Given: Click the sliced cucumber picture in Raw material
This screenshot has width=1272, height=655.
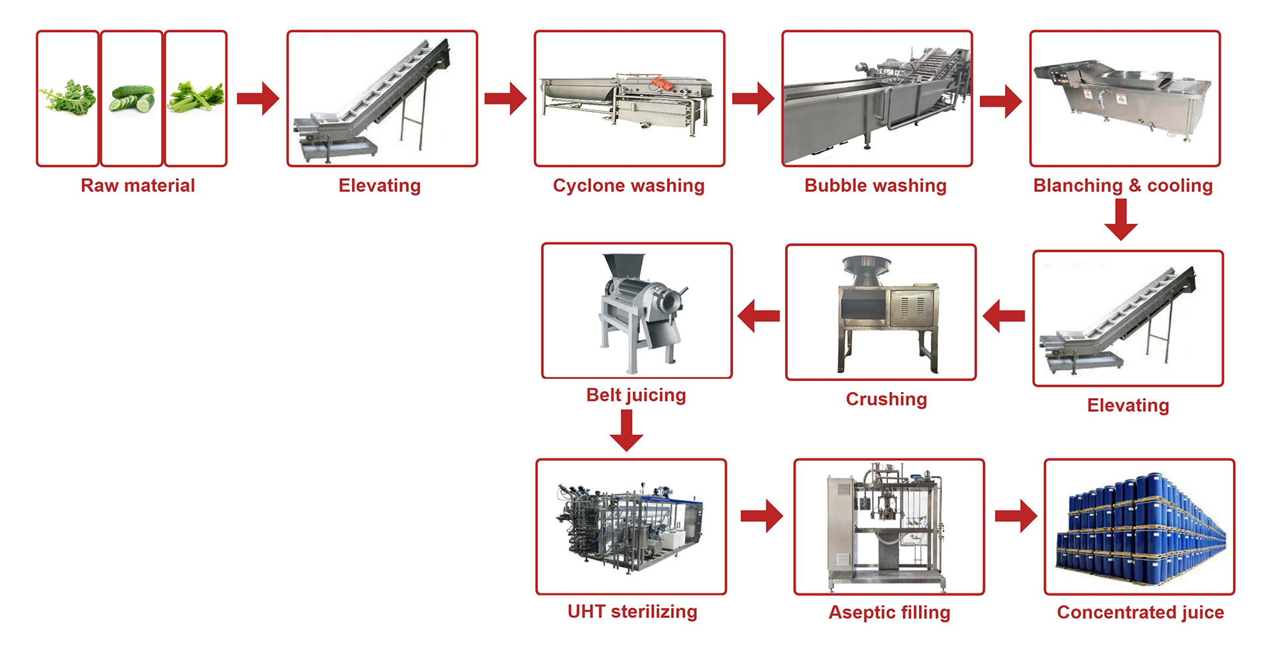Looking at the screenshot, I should pos(132,98).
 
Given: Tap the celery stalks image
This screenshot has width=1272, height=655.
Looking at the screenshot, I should pos(195,97).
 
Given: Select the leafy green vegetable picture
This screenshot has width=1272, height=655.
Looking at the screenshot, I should pos(68,97).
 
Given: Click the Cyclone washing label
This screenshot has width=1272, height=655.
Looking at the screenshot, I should pos(628,185).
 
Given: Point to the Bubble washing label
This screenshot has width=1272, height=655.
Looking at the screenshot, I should pos(875,185).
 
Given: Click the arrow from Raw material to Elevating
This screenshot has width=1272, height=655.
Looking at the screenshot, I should pos(258,99).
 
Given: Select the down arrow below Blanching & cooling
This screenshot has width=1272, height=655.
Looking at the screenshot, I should pos(1121,219).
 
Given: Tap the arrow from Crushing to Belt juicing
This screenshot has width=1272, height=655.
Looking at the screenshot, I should pos(759,316).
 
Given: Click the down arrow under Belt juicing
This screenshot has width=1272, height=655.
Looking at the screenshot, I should pos(626,430).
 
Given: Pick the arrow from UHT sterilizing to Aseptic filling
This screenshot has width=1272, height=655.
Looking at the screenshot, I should pos(761,516).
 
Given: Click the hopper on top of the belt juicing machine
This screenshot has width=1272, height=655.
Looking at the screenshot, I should pos(623,264).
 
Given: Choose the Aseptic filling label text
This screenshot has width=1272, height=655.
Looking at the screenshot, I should pos(889,613).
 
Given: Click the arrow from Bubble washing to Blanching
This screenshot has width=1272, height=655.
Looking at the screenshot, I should pos(1000,101).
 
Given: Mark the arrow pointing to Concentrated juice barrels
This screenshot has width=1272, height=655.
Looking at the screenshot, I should pos(1016,516).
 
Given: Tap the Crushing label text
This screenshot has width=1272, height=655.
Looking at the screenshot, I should pos(886,399).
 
